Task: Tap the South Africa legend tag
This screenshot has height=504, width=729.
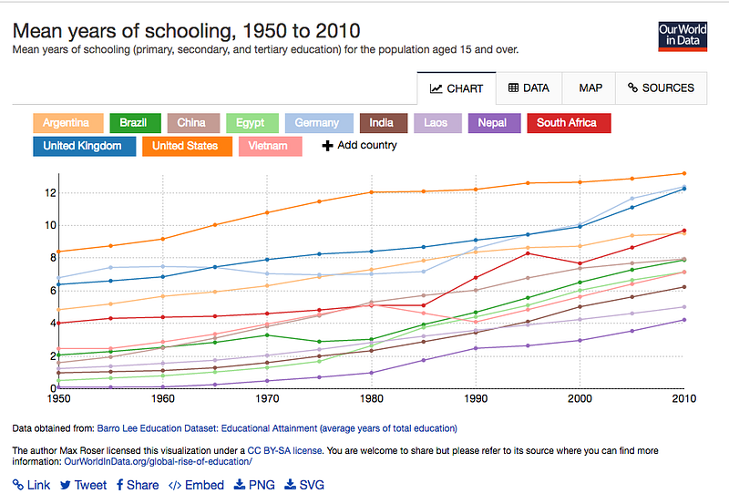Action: coord(569,123)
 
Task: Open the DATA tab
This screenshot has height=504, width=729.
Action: coord(529,87)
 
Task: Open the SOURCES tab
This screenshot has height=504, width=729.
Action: coord(662,87)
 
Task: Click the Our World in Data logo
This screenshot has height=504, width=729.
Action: coord(683,36)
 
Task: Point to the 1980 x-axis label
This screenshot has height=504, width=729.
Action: coord(372,399)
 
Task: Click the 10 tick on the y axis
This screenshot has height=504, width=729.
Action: coord(50,225)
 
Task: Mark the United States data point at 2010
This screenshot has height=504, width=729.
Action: coord(684,173)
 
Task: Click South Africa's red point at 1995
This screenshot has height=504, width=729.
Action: coord(528,253)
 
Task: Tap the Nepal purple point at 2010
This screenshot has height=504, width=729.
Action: coord(684,320)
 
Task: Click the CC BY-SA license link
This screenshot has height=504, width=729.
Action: coord(284,450)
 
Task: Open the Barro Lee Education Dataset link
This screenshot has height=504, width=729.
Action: coord(277,428)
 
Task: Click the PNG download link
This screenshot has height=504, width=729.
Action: coord(254,485)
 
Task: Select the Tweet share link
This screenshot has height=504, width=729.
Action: coord(83,485)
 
